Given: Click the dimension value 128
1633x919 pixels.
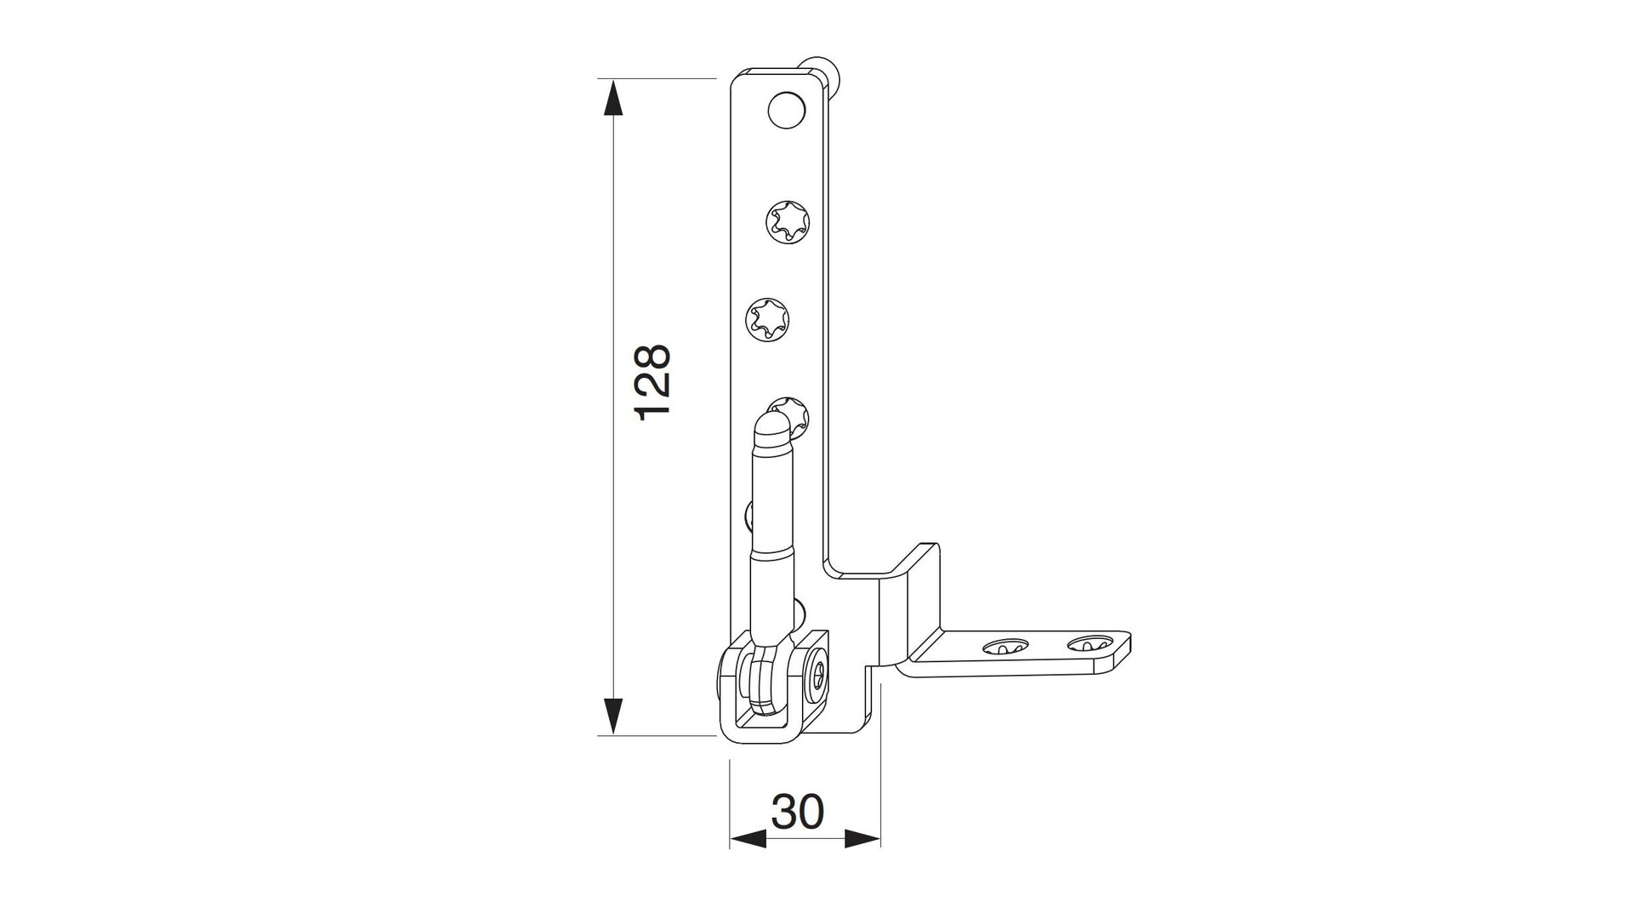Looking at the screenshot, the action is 654,382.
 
